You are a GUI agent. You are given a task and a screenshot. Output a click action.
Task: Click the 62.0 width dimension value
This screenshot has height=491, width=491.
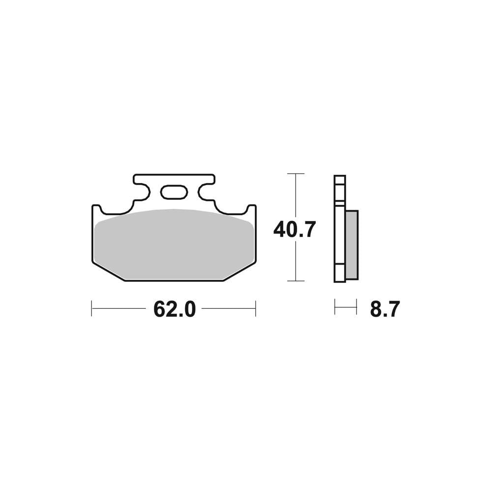[174, 309]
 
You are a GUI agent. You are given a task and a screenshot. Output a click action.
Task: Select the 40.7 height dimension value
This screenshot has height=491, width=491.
[294, 229]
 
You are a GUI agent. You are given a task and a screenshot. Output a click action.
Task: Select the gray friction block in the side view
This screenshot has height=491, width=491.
[352, 245]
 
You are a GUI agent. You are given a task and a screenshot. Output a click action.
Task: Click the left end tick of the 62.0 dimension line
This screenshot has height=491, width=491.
[92, 309]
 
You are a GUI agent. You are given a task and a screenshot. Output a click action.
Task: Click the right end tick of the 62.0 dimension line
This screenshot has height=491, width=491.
[255, 309]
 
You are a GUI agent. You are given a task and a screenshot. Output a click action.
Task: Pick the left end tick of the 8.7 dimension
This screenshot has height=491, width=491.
[335, 309]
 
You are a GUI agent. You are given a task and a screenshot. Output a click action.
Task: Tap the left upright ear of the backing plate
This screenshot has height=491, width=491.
[96, 211]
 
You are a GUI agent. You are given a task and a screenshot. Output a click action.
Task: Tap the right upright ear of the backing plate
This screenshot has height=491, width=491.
[252, 211]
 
